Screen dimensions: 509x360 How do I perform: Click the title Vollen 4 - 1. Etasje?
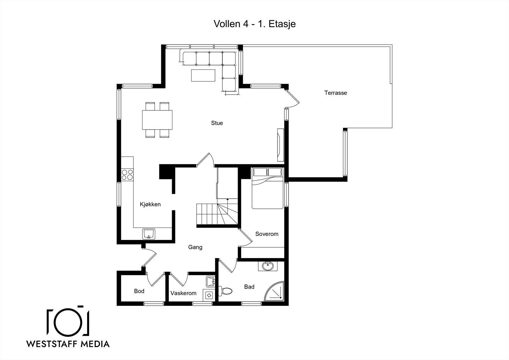point(254,24)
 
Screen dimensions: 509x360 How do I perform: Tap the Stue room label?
point(217,123)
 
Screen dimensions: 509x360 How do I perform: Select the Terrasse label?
point(336,93)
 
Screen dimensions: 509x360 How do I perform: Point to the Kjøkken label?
point(150,204)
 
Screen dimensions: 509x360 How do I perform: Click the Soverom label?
point(267,234)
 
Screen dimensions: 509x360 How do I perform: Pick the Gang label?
point(195,247)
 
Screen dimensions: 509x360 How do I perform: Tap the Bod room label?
point(139,291)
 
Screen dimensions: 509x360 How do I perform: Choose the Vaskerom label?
point(183,293)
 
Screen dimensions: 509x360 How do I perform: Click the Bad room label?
point(249,287)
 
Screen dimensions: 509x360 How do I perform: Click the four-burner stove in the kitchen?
point(127,175)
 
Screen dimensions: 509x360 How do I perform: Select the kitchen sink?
point(149,234)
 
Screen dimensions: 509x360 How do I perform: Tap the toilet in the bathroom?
point(225,291)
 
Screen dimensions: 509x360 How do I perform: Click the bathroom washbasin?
point(268,266)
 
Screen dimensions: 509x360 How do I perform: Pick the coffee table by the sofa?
point(203,75)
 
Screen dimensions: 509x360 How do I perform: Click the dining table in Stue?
point(157,120)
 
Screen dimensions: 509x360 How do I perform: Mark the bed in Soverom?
point(268,188)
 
